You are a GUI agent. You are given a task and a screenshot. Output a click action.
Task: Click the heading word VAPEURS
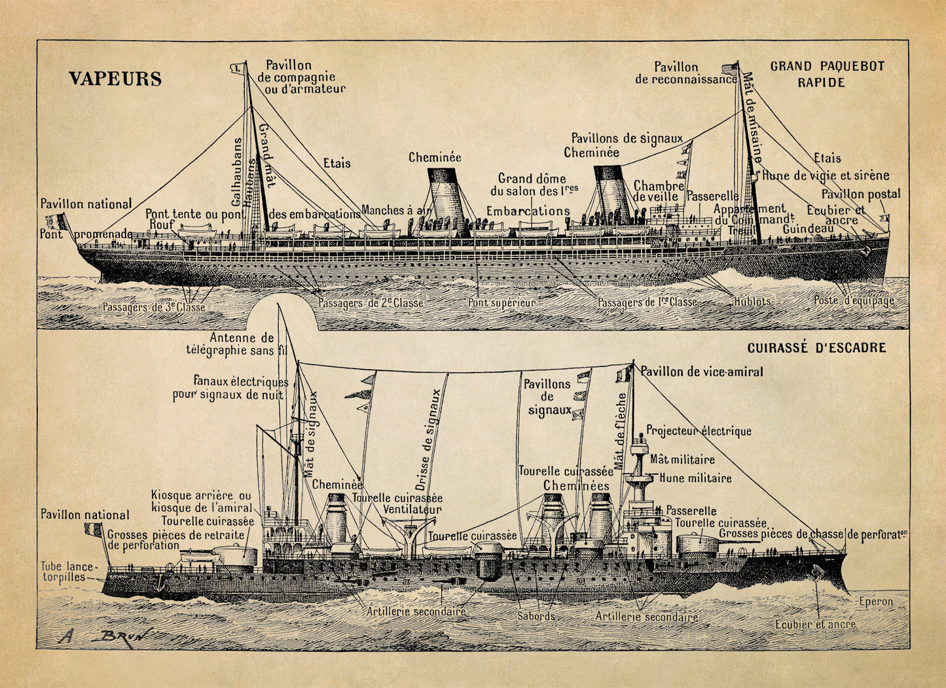[115, 79]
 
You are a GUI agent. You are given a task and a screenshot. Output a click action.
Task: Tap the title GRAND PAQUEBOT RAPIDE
[827, 74]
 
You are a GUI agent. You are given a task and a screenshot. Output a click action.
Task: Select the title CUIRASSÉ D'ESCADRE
[816, 348]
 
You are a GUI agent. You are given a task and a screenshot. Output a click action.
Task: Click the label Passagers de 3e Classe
[153, 307]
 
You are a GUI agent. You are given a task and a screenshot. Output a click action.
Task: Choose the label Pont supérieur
[501, 303]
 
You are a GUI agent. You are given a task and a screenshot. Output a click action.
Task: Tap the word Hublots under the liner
[752, 302]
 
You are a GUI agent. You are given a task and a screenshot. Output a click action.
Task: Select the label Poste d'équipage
[854, 301]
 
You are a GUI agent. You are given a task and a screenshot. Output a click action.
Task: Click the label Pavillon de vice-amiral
[701, 372]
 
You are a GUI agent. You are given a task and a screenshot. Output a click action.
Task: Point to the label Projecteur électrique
[699, 431]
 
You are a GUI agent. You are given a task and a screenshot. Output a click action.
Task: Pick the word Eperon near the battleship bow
[876, 601]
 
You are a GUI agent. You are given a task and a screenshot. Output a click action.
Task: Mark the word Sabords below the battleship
[536, 616]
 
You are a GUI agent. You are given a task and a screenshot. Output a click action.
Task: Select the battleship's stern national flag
[93, 529]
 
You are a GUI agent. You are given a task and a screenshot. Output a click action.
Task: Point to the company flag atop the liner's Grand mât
[236, 67]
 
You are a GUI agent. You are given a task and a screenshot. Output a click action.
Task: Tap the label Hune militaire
[695, 479]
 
